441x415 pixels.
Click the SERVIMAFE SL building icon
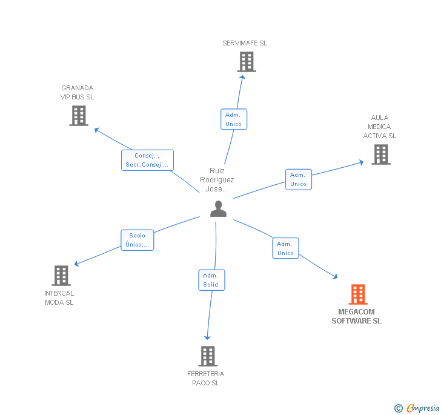click(x=246, y=62)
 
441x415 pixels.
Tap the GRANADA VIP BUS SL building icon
click(x=79, y=116)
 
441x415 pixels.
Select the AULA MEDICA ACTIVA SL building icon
click(x=380, y=154)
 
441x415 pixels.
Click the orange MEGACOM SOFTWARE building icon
click(x=358, y=294)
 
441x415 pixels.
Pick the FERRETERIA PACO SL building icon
click(x=208, y=356)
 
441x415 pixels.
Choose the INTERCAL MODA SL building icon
click(x=61, y=276)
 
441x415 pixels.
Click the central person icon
click(x=218, y=208)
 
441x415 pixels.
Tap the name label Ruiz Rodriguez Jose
click(x=217, y=180)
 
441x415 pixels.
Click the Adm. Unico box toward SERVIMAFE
click(x=233, y=119)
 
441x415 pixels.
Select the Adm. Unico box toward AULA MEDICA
click(x=298, y=179)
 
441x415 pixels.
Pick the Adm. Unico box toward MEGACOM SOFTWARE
click(x=285, y=248)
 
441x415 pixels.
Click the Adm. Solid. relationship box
click(x=211, y=280)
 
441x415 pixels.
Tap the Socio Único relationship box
click(x=137, y=240)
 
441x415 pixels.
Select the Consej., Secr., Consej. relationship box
click(x=147, y=160)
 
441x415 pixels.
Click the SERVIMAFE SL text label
click(x=245, y=43)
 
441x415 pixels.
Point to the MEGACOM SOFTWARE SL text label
click(x=357, y=317)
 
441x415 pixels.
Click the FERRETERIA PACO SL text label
click(x=206, y=379)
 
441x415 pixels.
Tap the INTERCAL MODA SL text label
click(x=59, y=298)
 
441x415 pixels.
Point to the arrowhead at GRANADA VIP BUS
click(x=95, y=128)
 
